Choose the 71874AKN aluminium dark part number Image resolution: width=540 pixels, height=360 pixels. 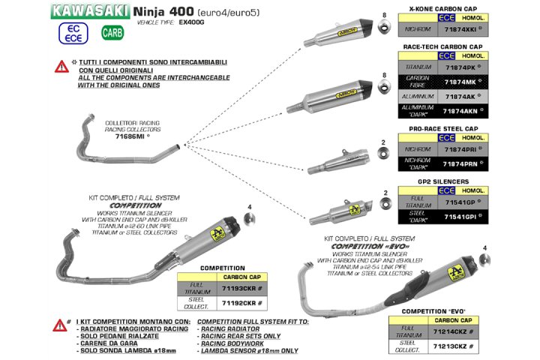pyautogui.click(x=460, y=110)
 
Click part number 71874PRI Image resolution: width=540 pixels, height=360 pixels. pyautogui.click(x=459, y=149)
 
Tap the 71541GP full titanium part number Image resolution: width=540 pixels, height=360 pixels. pyautogui.click(x=459, y=203)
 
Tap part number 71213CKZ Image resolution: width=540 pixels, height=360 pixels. pyautogui.click(x=452, y=346)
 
